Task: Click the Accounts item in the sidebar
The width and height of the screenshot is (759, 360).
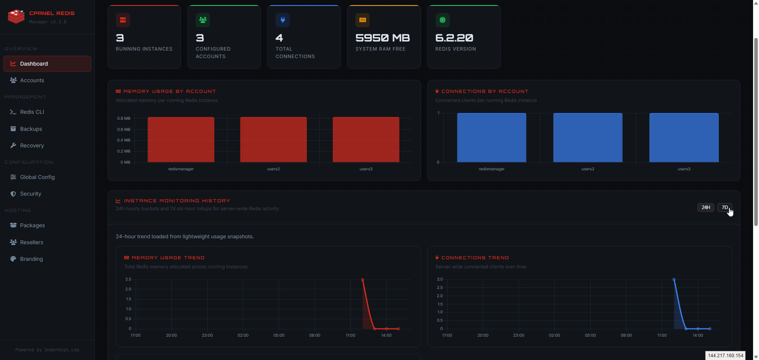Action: pos(32,80)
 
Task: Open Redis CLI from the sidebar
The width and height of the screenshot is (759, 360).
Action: pos(32,112)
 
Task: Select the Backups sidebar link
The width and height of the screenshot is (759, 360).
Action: pos(31,129)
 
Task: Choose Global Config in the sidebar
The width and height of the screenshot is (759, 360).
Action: pos(37,177)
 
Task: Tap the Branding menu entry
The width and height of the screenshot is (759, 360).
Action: pos(31,259)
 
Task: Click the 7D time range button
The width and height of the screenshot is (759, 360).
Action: pos(725,207)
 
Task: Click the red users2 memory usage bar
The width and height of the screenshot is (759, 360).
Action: pos(273,139)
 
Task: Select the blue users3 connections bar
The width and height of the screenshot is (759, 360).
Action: pos(683,138)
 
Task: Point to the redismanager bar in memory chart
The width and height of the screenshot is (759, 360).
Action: pos(181,139)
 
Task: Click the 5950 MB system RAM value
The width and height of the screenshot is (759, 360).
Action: pos(382,38)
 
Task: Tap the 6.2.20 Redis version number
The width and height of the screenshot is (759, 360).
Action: pos(454,38)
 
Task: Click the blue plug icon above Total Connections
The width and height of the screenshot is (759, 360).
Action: pos(283,20)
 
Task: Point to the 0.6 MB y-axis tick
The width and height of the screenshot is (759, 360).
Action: pos(123,129)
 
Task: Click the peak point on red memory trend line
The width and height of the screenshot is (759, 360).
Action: pos(363,280)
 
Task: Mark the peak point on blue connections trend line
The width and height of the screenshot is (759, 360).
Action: pos(674,279)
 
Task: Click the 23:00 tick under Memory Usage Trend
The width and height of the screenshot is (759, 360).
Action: pos(207,335)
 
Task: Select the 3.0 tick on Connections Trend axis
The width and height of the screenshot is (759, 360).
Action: pos(440,279)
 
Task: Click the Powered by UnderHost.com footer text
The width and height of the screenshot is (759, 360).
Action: pos(47,350)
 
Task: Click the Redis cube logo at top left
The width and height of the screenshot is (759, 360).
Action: pos(16,17)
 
